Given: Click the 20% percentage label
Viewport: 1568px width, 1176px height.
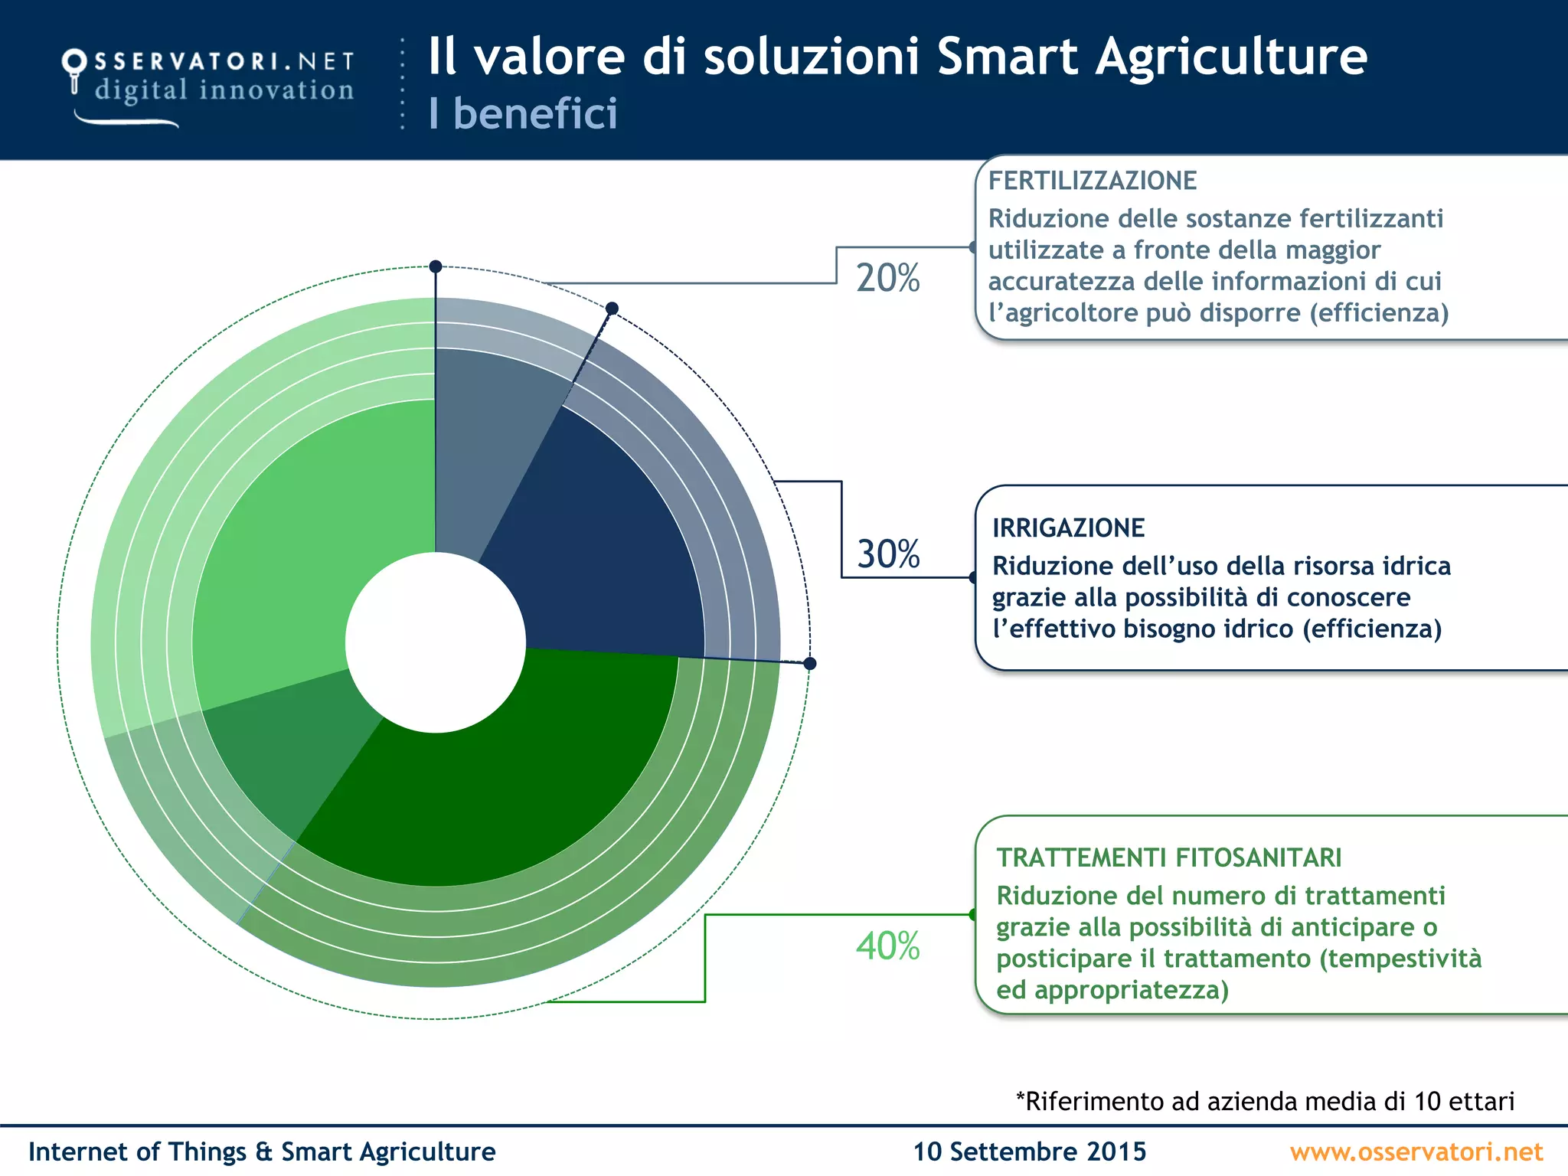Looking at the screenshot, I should pyautogui.click(x=887, y=278).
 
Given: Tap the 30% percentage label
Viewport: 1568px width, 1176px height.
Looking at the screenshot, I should pyautogui.click(x=888, y=554).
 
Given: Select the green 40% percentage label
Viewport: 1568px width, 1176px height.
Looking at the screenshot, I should pyautogui.click(x=887, y=946).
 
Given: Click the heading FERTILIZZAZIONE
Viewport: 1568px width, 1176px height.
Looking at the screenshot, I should pyautogui.click(x=1092, y=181).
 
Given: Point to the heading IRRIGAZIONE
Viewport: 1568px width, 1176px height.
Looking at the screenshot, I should pyautogui.click(x=1068, y=528).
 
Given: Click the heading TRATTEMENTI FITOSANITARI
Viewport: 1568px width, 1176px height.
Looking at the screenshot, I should pyautogui.click(x=1168, y=857).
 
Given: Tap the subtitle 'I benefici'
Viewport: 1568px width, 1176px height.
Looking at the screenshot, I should pyautogui.click(x=523, y=113).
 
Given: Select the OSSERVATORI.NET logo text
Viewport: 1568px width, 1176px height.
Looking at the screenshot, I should pyautogui.click(x=224, y=61).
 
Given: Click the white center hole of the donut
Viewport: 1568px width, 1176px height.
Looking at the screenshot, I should pyautogui.click(x=435, y=642).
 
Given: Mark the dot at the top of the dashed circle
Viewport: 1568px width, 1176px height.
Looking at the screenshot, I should pyautogui.click(x=436, y=266).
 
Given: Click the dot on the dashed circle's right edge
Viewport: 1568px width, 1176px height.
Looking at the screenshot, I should pyautogui.click(x=810, y=663).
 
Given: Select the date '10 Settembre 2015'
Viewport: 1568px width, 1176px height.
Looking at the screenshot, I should pyautogui.click(x=1029, y=1151).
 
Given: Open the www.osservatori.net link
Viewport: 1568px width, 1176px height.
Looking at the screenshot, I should pyautogui.click(x=1416, y=1151).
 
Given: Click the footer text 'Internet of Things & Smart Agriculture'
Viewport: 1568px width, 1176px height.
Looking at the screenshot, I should pyautogui.click(x=262, y=1151).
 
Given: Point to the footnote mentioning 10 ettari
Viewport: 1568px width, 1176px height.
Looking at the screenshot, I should pyautogui.click(x=1265, y=1101).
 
